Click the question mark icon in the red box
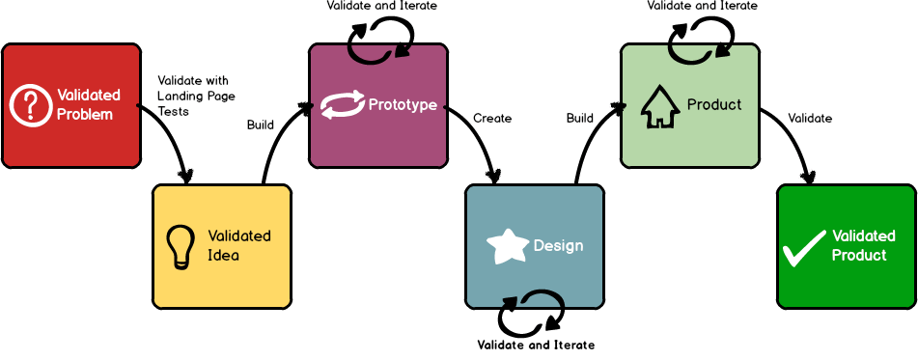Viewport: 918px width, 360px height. [x=31, y=104]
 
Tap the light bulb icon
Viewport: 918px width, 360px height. [x=181, y=246]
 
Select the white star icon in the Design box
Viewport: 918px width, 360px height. [x=508, y=246]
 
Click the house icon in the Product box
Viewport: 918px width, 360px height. [x=660, y=106]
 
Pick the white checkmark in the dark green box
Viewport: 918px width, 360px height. [x=803, y=247]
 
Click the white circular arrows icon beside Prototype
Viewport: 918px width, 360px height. [x=343, y=104]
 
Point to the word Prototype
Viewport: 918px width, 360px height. [x=403, y=104]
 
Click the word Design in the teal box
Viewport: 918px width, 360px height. [x=558, y=246]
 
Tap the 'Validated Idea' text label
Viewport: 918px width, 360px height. [x=238, y=246]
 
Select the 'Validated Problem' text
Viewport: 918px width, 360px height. [x=88, y=104]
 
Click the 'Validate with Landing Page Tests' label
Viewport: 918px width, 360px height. [x=193, y=96]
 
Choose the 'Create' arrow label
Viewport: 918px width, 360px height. [x=491, y=119]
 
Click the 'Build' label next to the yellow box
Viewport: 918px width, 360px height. [x=261, y=125]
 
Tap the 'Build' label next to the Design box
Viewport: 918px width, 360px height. [x=579, y=119]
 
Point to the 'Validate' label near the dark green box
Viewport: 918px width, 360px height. [x=810, y=119]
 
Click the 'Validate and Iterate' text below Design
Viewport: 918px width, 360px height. [x=536, y=345]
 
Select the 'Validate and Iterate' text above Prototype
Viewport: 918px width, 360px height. [x=381, y=6]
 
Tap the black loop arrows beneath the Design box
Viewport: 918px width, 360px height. [x=531, y=314]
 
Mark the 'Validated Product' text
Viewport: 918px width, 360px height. [x=864, y=246]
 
